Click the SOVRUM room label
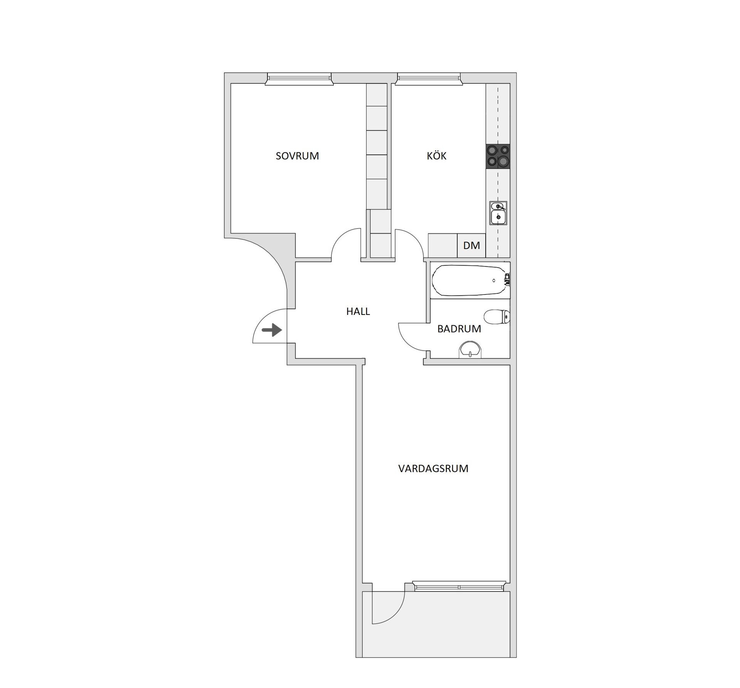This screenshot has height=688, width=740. [x=297, y=156]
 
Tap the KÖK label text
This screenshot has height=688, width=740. [x=436, y=156]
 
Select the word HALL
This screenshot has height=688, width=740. [x=358, y=311]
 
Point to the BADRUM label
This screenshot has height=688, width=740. [x=459, y=329]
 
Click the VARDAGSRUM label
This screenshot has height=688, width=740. [x=433, y=469]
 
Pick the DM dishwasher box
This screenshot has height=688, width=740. [x=471, y=245]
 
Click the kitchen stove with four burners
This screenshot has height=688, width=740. [x=498, y=156]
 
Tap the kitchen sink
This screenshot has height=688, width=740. [x=498, y=213]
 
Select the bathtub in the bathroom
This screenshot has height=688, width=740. [x=469, y=280]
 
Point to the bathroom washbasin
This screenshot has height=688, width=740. [x=470, y=349]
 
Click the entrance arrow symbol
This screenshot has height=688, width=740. [x=272, y=330]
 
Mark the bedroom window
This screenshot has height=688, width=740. [x=299, y=79]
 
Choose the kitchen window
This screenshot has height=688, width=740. [x=429, y=79]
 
